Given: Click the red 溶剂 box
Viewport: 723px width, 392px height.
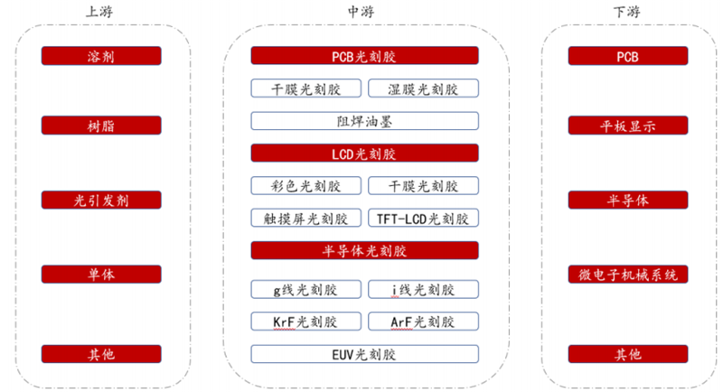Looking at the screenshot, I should click(x=101, y=56).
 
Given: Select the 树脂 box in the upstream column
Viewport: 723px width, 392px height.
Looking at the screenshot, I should click(x=101, y=126).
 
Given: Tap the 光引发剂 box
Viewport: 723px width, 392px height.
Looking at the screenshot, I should click(x=101, y=200).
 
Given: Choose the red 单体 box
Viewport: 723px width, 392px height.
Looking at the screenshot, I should click(x=101, y=274).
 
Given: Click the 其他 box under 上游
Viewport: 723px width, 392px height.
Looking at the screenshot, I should click(x=101, y=354).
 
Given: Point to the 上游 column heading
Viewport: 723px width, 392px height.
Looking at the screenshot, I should click(x=100, y=12).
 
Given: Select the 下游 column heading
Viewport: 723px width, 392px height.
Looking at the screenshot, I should click(x=627, y=12).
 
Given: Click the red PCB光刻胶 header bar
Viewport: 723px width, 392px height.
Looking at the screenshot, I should click(x=364, y=56).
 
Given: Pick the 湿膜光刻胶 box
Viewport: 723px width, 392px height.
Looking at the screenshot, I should click(x=423, y=89).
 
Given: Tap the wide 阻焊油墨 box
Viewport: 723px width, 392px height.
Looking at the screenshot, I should click(x=364, y=120).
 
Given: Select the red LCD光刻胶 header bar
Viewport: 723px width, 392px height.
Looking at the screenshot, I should click(x=364, y=154).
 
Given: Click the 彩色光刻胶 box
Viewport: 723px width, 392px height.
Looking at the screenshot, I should click(x=306, y=186).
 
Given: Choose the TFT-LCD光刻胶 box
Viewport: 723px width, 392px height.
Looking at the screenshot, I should click(x=423, y=218).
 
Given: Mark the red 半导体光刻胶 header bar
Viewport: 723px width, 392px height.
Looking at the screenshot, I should click(x=364, y=250).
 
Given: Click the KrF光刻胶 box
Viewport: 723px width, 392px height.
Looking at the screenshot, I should click(x=306, y=322).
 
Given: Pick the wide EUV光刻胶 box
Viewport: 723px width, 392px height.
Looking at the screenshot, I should click(x=364, y=354).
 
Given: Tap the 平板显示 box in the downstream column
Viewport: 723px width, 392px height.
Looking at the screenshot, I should click(x=627, y=126).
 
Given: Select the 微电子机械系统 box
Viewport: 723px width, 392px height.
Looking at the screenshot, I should click(x=627, y=274).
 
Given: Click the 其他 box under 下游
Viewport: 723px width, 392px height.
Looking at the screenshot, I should click(x=627, y=354).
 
